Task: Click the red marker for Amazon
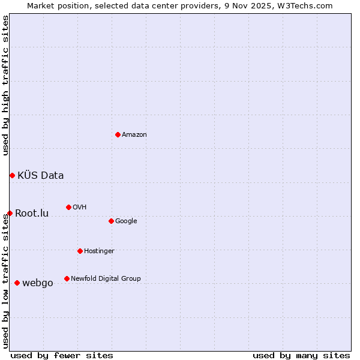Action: tap(118, 134)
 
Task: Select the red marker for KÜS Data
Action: tap(12, 175)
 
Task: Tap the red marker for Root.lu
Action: tap(10, 213)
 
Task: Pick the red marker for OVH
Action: tap(68, 207)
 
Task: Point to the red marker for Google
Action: tap(111, 221)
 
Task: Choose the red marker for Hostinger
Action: tap(80, 251)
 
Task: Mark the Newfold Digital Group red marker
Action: tap(67, 278)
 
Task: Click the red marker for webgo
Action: tap(17, 283)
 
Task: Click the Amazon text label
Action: tap(134, 135)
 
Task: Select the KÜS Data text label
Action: tap(41, 176)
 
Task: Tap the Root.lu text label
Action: tap(32, 214)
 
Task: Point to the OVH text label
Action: tap(80, 208)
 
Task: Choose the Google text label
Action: tap(126, 221)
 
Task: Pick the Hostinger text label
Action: tap(99, 251)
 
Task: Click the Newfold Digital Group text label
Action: tap(106, 279)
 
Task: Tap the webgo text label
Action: tap(37, 283)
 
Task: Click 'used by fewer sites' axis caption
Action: tap(62, 355)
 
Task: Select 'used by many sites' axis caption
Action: tap(301, 355)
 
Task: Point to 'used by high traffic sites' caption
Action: tap(5, 85)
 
